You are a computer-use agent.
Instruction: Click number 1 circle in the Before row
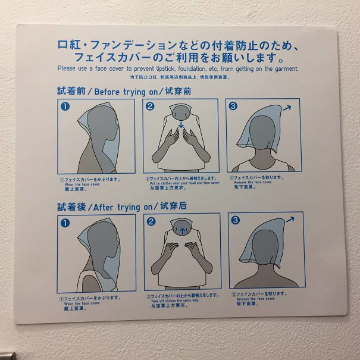[66, 108]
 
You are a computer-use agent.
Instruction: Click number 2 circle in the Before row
[150, 107]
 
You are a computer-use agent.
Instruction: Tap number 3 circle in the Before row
[233, 107]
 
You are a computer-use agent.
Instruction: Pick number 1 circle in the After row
[65, 223]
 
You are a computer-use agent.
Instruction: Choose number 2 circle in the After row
[151, 222]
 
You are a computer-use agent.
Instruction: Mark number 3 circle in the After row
[235, 221]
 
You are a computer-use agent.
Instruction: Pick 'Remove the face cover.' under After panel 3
[255, 298]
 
